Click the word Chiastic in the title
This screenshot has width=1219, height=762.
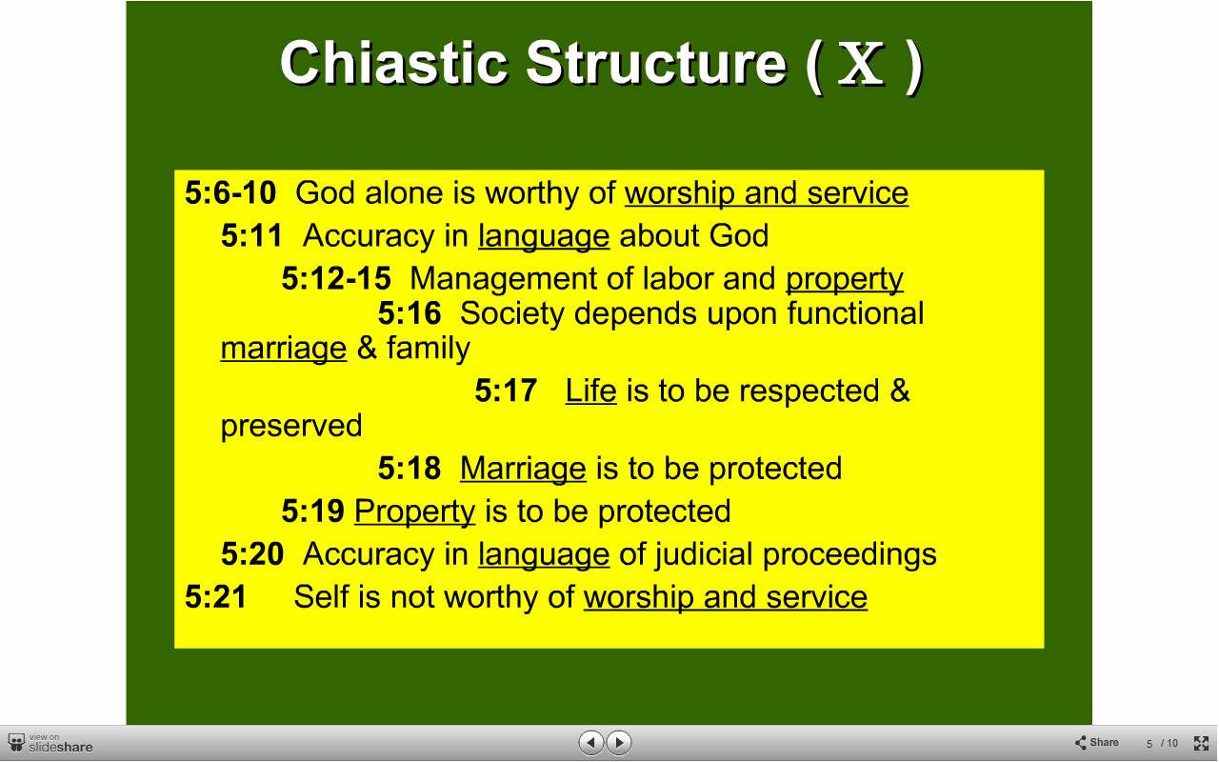click(x=394, y=63)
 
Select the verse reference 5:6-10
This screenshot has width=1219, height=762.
click(x=230, y=192)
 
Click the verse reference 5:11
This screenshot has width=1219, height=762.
click(x=251, y=235)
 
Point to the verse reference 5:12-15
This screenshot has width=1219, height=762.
click(x=336, y=278)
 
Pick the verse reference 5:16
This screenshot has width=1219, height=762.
click(x=410, y=313)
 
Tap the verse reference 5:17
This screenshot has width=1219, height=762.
click(x=506, y=391)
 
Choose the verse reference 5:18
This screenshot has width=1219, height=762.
click(x=410, y=468)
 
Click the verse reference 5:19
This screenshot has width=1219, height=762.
click(x=312, y=511)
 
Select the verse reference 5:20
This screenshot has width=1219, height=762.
click(x=252, y=554)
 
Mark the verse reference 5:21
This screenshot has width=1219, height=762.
click(x=215, y=596)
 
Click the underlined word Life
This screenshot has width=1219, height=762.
click(x=590, y=391)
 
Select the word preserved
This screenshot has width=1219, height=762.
click(x=291, y=426)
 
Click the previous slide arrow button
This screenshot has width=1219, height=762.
click(x=590, y=742)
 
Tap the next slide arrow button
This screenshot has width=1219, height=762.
click(x=618, y=742)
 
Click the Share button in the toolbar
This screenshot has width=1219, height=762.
click(x=1096, y=742)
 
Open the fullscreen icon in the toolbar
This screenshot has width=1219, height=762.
click(x=1201, y=743)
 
